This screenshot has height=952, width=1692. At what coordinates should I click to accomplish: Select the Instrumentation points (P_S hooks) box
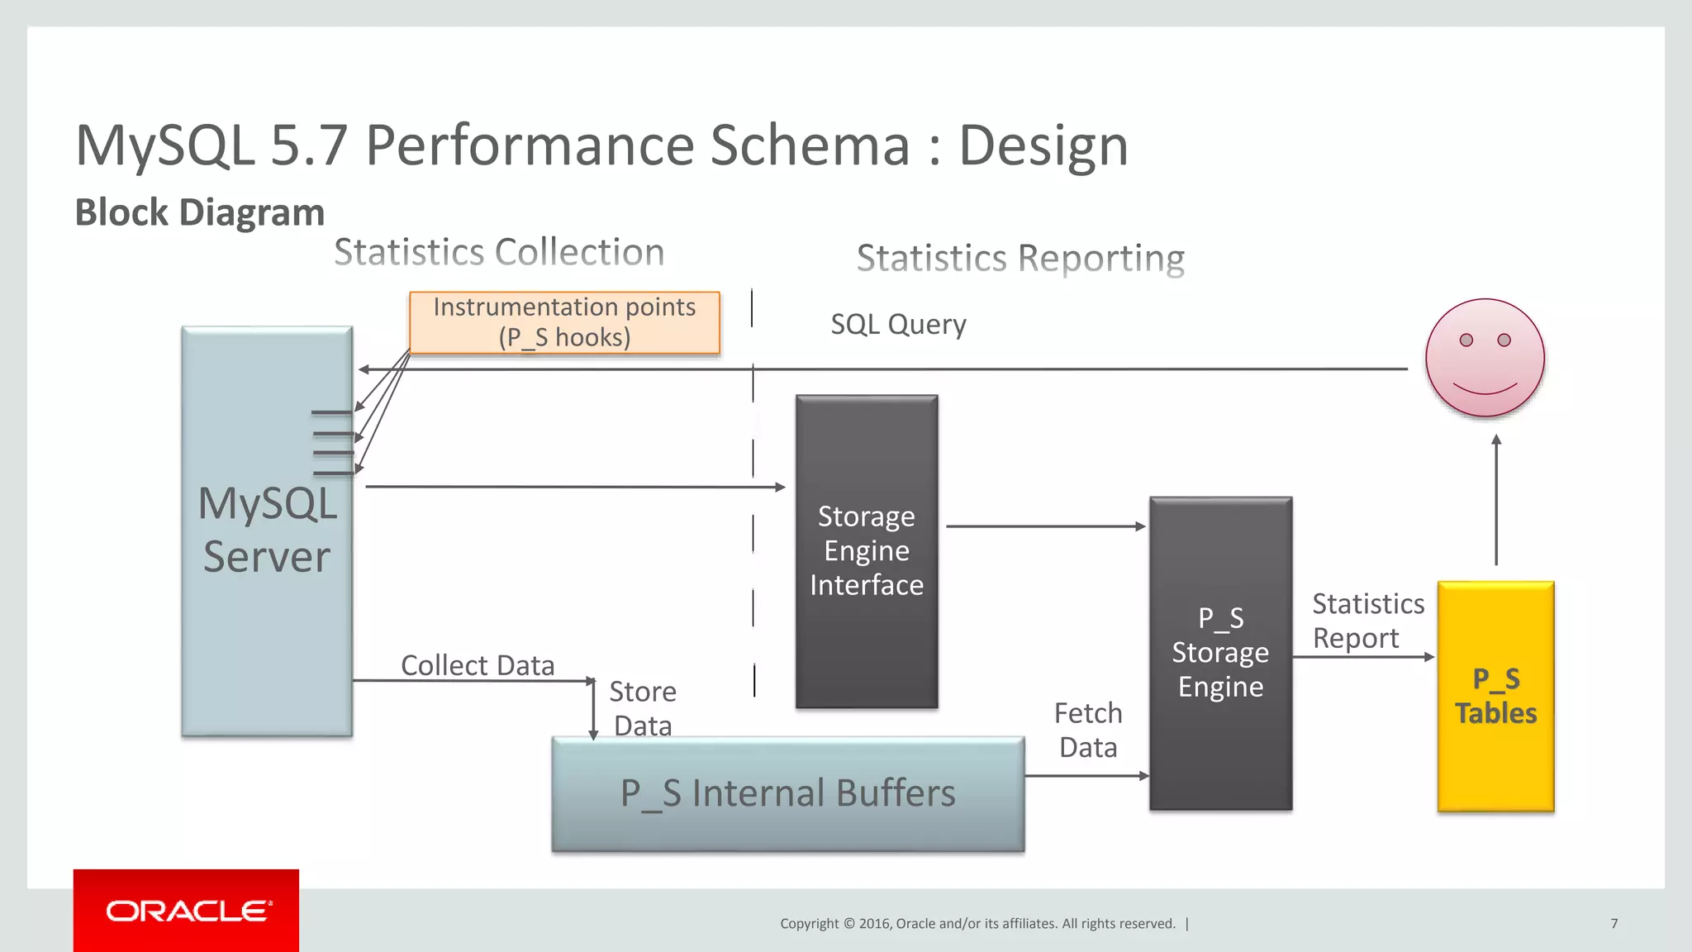coord(564,322)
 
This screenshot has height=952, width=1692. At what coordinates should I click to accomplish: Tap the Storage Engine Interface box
coord(867,551)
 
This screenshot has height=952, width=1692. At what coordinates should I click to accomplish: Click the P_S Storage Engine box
coord(1220,653)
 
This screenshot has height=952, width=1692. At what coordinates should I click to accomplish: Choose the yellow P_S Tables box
coord(1495,696)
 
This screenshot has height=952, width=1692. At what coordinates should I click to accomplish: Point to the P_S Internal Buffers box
coord(788,793)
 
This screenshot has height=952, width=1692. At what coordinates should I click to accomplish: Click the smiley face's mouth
coord(1485,388)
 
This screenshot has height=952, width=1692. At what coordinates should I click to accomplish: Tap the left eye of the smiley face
coord(1466,340)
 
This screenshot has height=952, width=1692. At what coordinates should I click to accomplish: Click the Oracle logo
coord(187,911)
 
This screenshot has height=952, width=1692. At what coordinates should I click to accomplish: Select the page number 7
coord(1614,923)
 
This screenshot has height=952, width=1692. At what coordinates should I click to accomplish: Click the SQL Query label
coord(898,324)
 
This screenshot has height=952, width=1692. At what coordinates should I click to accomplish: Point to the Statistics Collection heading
coord(499,252)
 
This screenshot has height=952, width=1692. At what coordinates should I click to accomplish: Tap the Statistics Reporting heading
coord(1020,258)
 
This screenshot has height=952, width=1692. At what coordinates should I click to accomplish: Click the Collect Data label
coord(478,665)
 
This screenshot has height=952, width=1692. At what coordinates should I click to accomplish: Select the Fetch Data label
coord(1088,730)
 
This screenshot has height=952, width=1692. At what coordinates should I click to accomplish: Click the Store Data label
coord(643,708)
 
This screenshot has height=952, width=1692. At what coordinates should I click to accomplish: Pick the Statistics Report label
coord(1367,621)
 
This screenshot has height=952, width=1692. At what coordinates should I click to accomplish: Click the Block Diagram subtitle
coord(200,212)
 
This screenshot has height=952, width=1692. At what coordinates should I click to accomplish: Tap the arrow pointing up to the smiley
coord(1496,500)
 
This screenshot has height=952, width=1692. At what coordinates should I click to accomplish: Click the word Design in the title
coord(1043,145)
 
